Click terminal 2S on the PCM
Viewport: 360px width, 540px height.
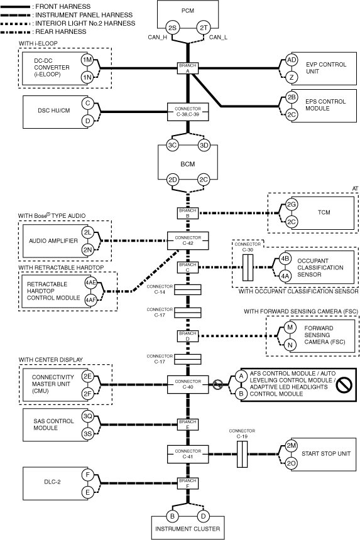172,28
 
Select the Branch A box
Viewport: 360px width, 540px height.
188,68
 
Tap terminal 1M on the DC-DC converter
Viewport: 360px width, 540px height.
87,60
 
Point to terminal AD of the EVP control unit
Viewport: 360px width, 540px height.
292,60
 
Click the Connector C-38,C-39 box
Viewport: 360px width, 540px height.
188,112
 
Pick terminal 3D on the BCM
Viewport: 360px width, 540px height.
204,145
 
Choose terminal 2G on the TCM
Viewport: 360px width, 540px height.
292,205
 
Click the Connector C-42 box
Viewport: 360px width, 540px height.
188,240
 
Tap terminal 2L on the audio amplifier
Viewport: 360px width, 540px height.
87,232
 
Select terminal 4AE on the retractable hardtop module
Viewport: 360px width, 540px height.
90,283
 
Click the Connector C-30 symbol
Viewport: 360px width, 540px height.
248,267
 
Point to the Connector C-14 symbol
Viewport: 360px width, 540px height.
187,289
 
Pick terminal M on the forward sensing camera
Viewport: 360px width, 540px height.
290,327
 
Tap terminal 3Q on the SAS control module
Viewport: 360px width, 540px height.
87,416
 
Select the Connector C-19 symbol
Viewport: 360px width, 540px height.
242,454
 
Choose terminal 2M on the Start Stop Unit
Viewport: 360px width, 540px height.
292,446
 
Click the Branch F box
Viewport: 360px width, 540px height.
188,483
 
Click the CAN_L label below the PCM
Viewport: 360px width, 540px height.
218,37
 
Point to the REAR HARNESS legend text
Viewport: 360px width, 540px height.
61,31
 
